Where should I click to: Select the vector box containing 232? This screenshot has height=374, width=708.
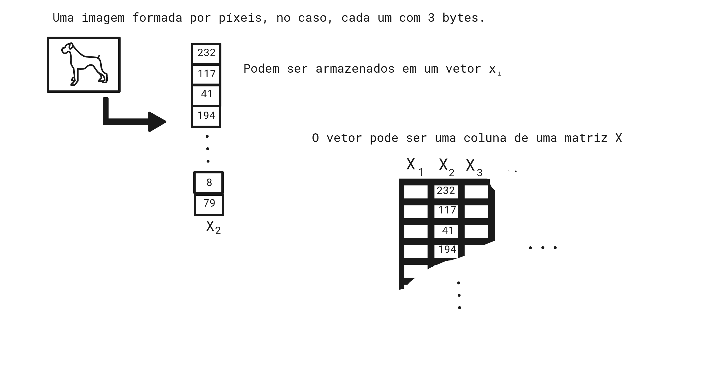pos(206,53)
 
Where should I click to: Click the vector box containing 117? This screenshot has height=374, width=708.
pos(206,74)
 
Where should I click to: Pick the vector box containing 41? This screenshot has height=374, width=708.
pos(206,94)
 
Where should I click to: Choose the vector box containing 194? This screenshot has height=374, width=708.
pos(206,116)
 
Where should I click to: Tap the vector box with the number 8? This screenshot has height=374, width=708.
pos(209,183)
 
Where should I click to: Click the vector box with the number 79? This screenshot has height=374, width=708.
pos(209,204)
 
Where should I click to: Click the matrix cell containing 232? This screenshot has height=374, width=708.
pos(446,191)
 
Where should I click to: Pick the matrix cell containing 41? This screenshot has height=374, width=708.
pos(446,231)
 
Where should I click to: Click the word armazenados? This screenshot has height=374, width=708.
pos(355,69)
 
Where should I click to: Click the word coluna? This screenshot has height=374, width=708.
pos(485,138)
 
